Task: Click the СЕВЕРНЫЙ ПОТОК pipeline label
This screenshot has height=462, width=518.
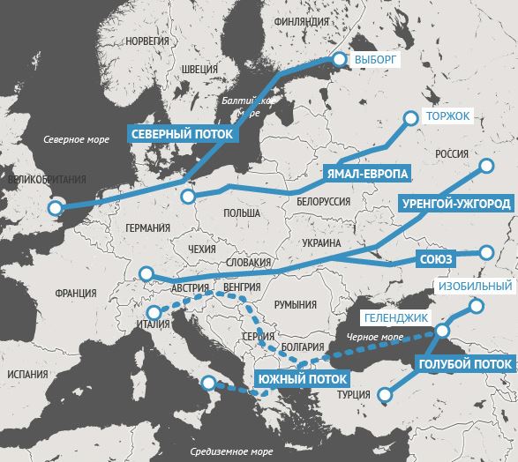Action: click(183, 134)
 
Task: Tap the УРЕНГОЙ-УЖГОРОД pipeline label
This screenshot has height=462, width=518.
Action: click(455, 204)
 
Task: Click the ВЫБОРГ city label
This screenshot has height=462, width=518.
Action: click(377, 60)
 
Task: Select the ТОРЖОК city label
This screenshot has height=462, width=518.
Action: click(448, 116)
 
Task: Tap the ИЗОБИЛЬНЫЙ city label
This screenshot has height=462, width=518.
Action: click(475, 287)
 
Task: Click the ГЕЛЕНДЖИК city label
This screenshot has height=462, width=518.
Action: click(396, 317)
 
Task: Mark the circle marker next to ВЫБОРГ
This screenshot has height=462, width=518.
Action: click(337, 60)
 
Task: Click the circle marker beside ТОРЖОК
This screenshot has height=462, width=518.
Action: click(410, 117)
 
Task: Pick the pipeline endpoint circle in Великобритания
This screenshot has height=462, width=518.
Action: click(56, 208)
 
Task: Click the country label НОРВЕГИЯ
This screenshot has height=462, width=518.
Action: click(146, 41)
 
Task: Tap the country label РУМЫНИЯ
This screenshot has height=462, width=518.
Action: click(295, 304)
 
